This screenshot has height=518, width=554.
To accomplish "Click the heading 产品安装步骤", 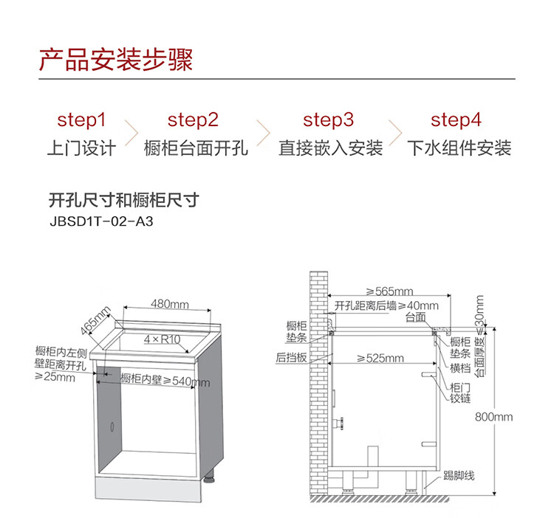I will pos(116,60).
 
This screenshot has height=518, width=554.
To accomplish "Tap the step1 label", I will pos(82,120).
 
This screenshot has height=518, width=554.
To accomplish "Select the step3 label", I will pos(329,120).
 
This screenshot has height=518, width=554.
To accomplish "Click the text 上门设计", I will pos(82,148).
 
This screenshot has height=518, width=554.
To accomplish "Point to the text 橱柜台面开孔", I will pos(196,148).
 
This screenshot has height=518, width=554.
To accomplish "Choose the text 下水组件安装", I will pos(459,148).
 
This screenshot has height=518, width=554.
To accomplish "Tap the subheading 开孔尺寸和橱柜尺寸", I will pos(123,200).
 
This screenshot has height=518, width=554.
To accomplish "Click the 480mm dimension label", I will pos(170,304).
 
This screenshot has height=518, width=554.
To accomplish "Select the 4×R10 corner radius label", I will pos(163,339).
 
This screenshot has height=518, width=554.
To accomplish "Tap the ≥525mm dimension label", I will pos(380,359).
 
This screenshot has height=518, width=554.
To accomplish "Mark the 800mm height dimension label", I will pos(493,417).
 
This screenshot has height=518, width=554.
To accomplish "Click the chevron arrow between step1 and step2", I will pos(132,134).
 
